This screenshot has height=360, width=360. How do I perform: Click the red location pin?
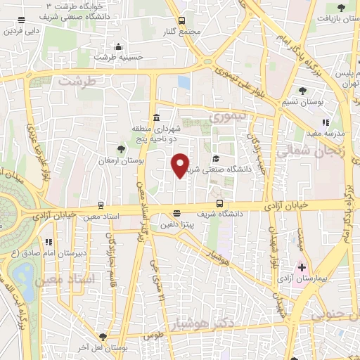(181, 165)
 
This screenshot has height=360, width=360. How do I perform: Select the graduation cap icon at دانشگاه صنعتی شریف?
(216, 158)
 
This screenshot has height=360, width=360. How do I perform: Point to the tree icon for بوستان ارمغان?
(121, 148)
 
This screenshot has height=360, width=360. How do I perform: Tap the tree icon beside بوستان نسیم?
(302, 90)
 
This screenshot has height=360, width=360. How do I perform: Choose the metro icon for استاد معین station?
(102, 205)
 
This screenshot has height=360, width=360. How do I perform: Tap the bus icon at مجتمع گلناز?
(181, 20)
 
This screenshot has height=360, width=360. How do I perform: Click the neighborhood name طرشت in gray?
(76, 82)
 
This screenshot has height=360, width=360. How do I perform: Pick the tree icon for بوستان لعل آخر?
(103, 337)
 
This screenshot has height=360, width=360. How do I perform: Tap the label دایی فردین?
(22, 31)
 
